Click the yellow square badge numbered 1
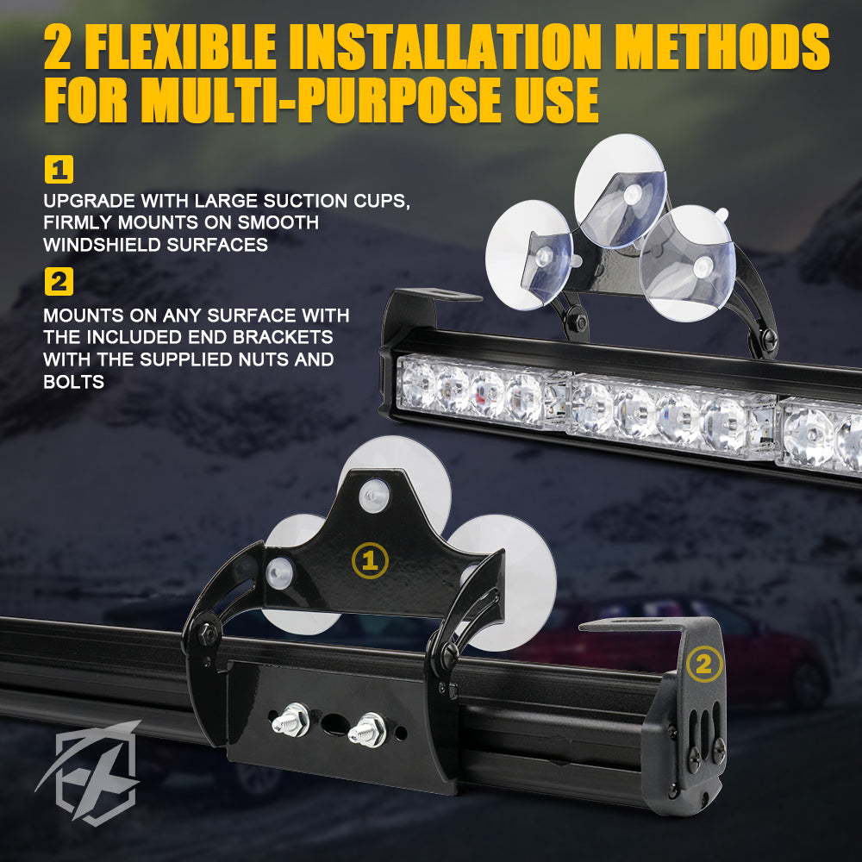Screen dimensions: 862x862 [59, 170]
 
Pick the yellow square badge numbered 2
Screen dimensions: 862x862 [59, 281]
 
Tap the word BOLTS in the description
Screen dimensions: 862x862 [73, 381]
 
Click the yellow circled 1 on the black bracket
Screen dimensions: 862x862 [371, 561]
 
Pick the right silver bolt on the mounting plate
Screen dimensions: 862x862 [365, 728]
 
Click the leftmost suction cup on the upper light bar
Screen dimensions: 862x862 [528, 254]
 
